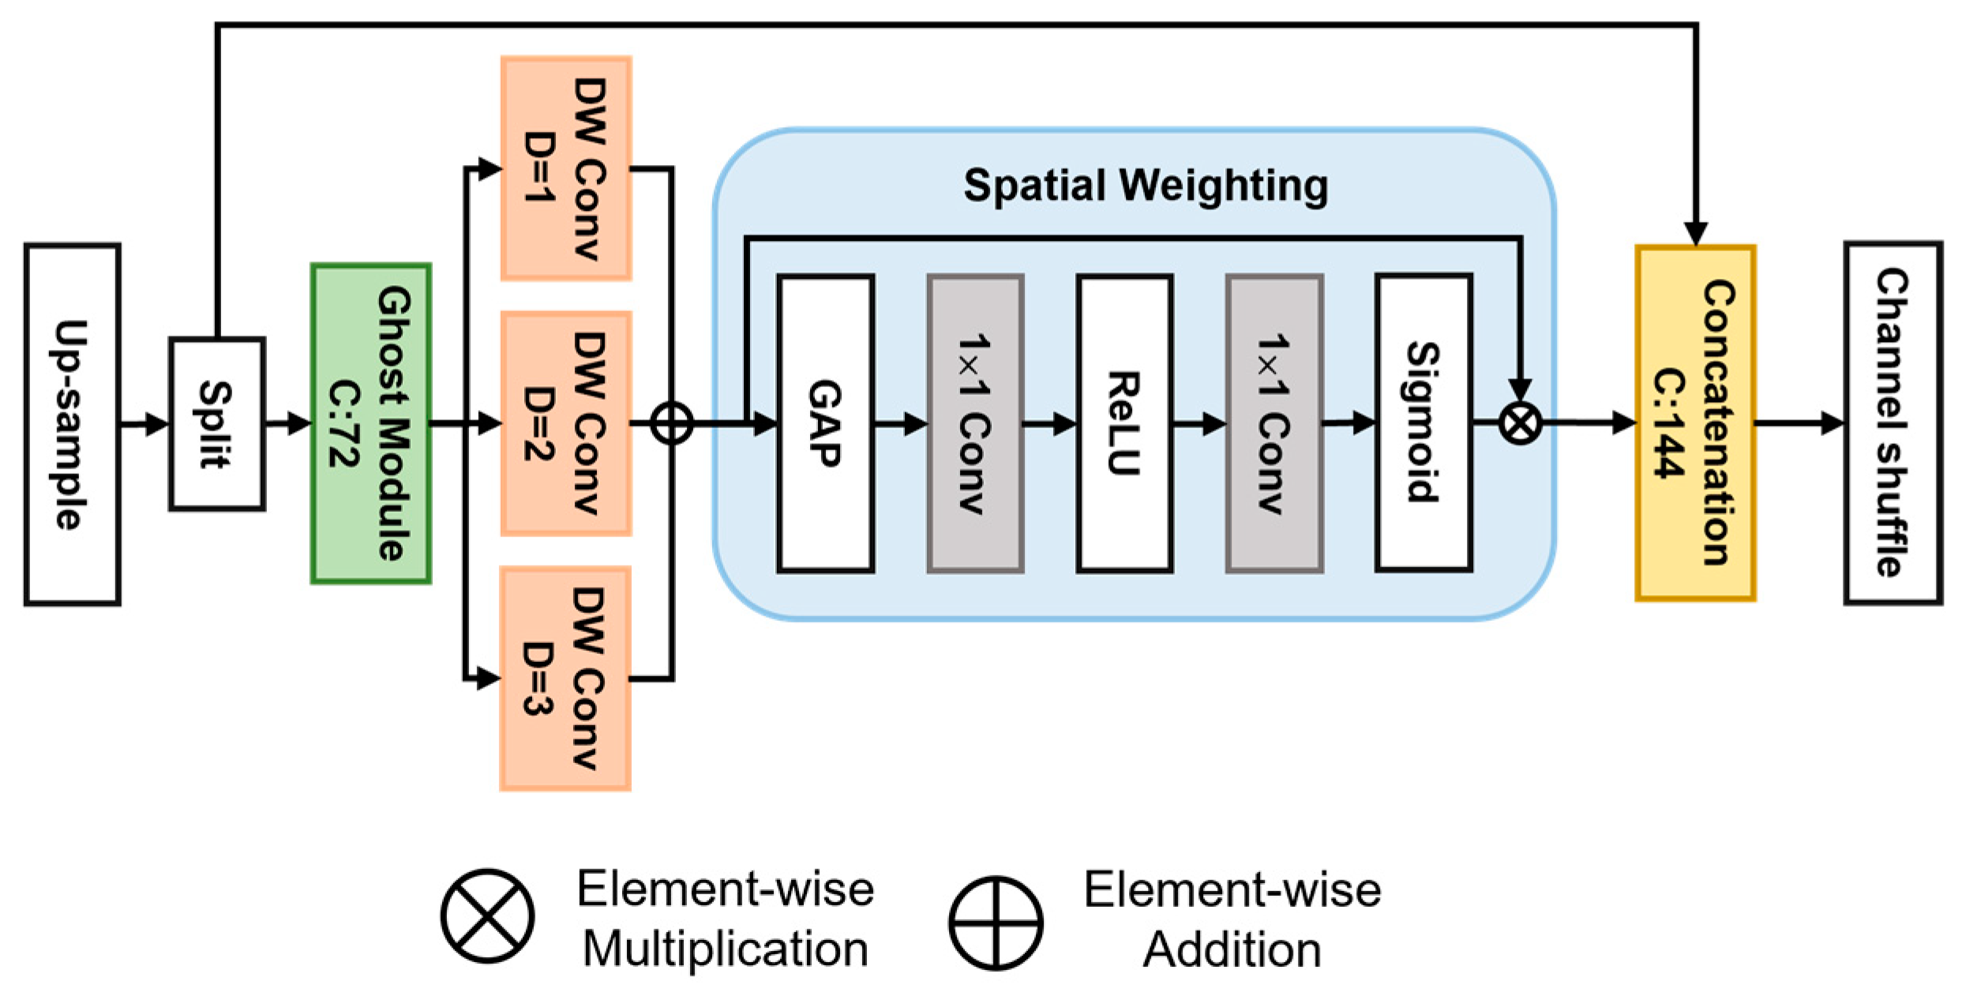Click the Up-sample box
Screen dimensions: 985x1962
tap(72, 424)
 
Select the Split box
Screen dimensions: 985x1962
tap(216, 424)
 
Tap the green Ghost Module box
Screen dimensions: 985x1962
tap(371, 424)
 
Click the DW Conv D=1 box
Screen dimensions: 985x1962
tap(566, 168)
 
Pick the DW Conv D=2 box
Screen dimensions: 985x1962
tap(566, 423)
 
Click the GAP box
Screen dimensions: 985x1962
tap(825, 423)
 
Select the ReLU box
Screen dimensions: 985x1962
tap(1124, 423)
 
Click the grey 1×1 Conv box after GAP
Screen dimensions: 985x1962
tap(975, 423)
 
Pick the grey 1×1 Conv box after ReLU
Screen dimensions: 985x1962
tap(1274, 423)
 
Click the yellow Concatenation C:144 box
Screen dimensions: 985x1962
tap(1695, 423)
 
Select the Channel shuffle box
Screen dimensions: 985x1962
tap(1893, 423)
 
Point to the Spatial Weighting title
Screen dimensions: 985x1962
tap(1146, 186)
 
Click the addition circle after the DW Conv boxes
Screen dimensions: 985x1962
tap(672, 423)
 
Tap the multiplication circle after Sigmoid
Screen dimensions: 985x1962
tap(1520, 423)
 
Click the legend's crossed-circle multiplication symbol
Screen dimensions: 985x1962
tap(487, 916)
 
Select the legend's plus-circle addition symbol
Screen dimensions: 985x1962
tap(995, 923)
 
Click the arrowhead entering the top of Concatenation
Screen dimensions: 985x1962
tap(1695, 234)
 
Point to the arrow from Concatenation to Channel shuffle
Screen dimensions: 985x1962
tap(1800, 423)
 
